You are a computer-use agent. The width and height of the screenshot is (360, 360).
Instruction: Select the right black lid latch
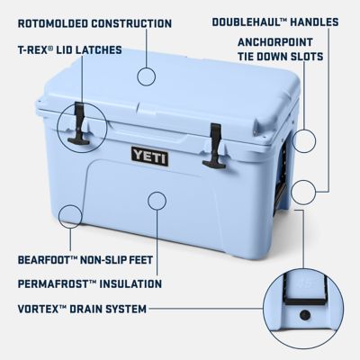pyautogui.click(x=214, y=145)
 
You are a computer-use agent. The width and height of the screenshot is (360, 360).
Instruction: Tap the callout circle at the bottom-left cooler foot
pyautogui.click(x=67, y=215)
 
